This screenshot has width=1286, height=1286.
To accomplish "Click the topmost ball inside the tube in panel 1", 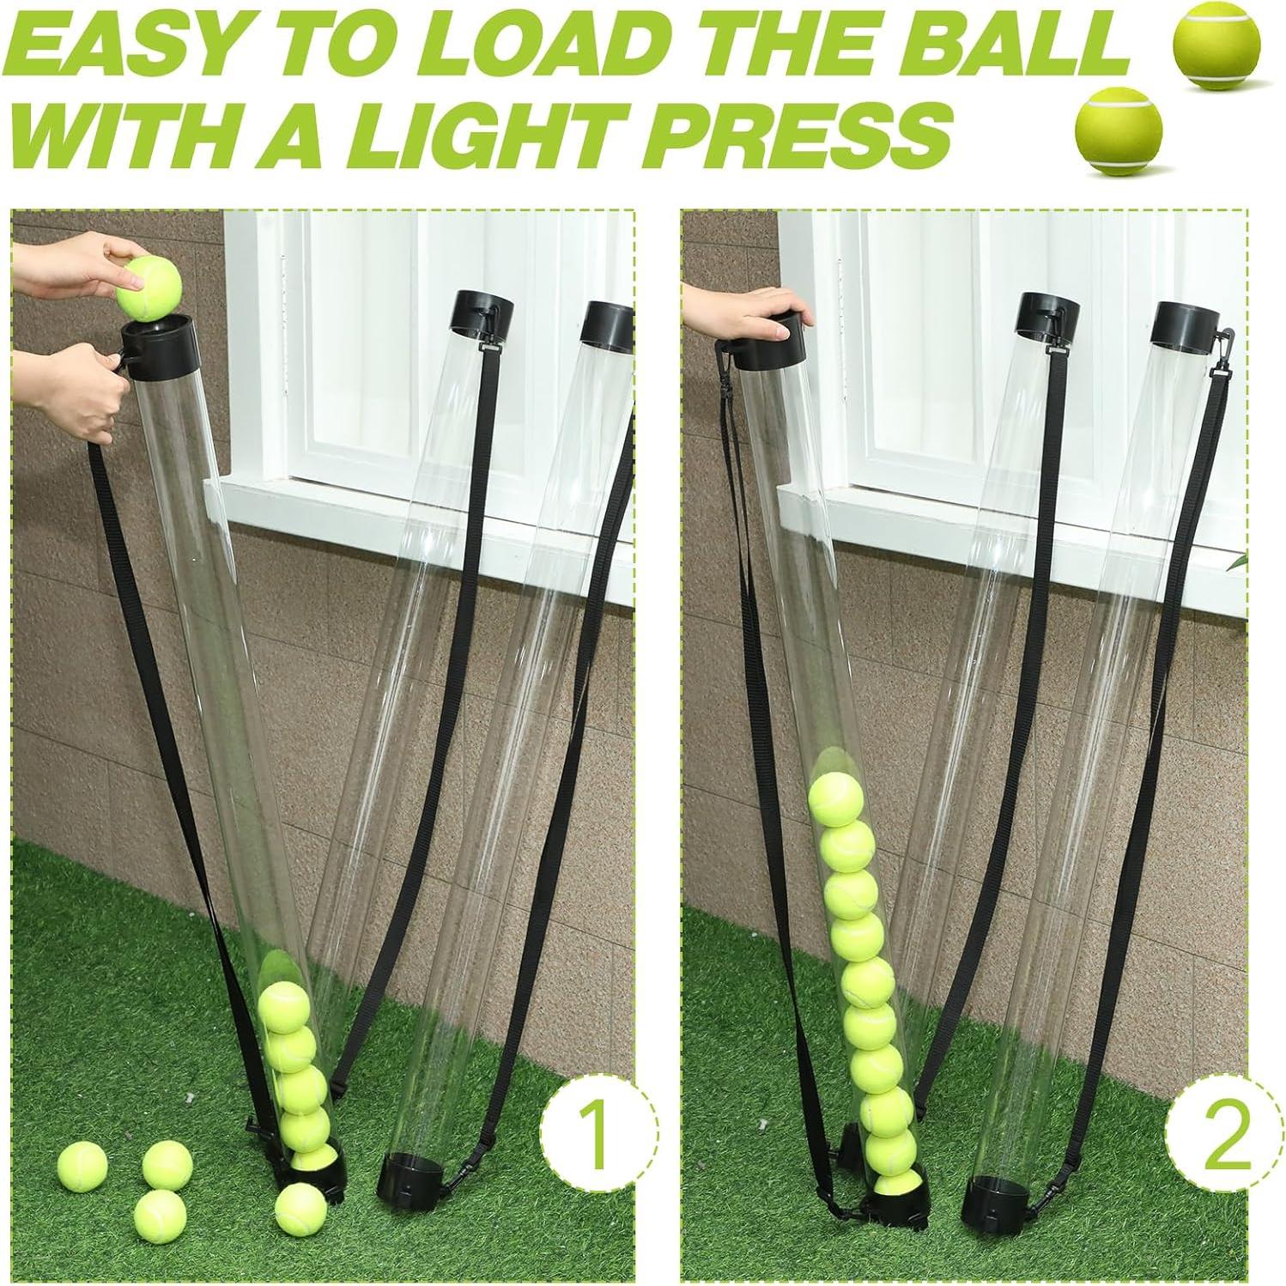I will pyautogui.click(x=284, y=1008).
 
